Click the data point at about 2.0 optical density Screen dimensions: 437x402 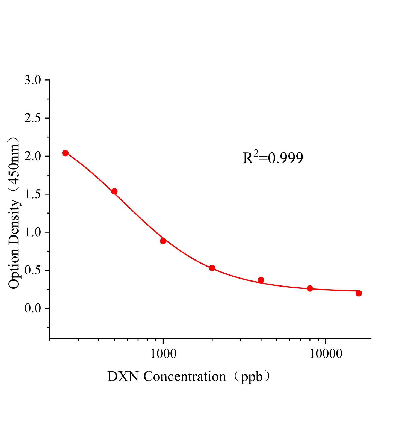tap(65, 153)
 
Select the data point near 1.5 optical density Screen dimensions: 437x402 tap(114, 191)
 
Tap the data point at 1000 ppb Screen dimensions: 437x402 tap(163, 241)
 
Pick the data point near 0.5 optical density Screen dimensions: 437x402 tap(212, 268)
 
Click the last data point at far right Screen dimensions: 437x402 tap(359, 293)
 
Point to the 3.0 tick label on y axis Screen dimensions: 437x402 tap(32, 80)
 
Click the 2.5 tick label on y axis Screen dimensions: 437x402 tap(32, 118)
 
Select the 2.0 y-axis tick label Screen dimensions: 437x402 tap(32, 156)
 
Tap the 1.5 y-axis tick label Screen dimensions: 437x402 tap(32, 194)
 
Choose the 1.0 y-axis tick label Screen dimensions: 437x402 tap(32, 232)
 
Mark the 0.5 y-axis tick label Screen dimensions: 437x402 tap(32, 270)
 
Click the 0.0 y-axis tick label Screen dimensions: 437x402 tap(32, 308)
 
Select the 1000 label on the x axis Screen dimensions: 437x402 tap(163, 354)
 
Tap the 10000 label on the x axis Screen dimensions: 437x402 tap(326, 354)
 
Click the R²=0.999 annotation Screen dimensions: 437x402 tap(273, 158)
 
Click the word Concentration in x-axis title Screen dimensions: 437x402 tap(185, 377)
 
